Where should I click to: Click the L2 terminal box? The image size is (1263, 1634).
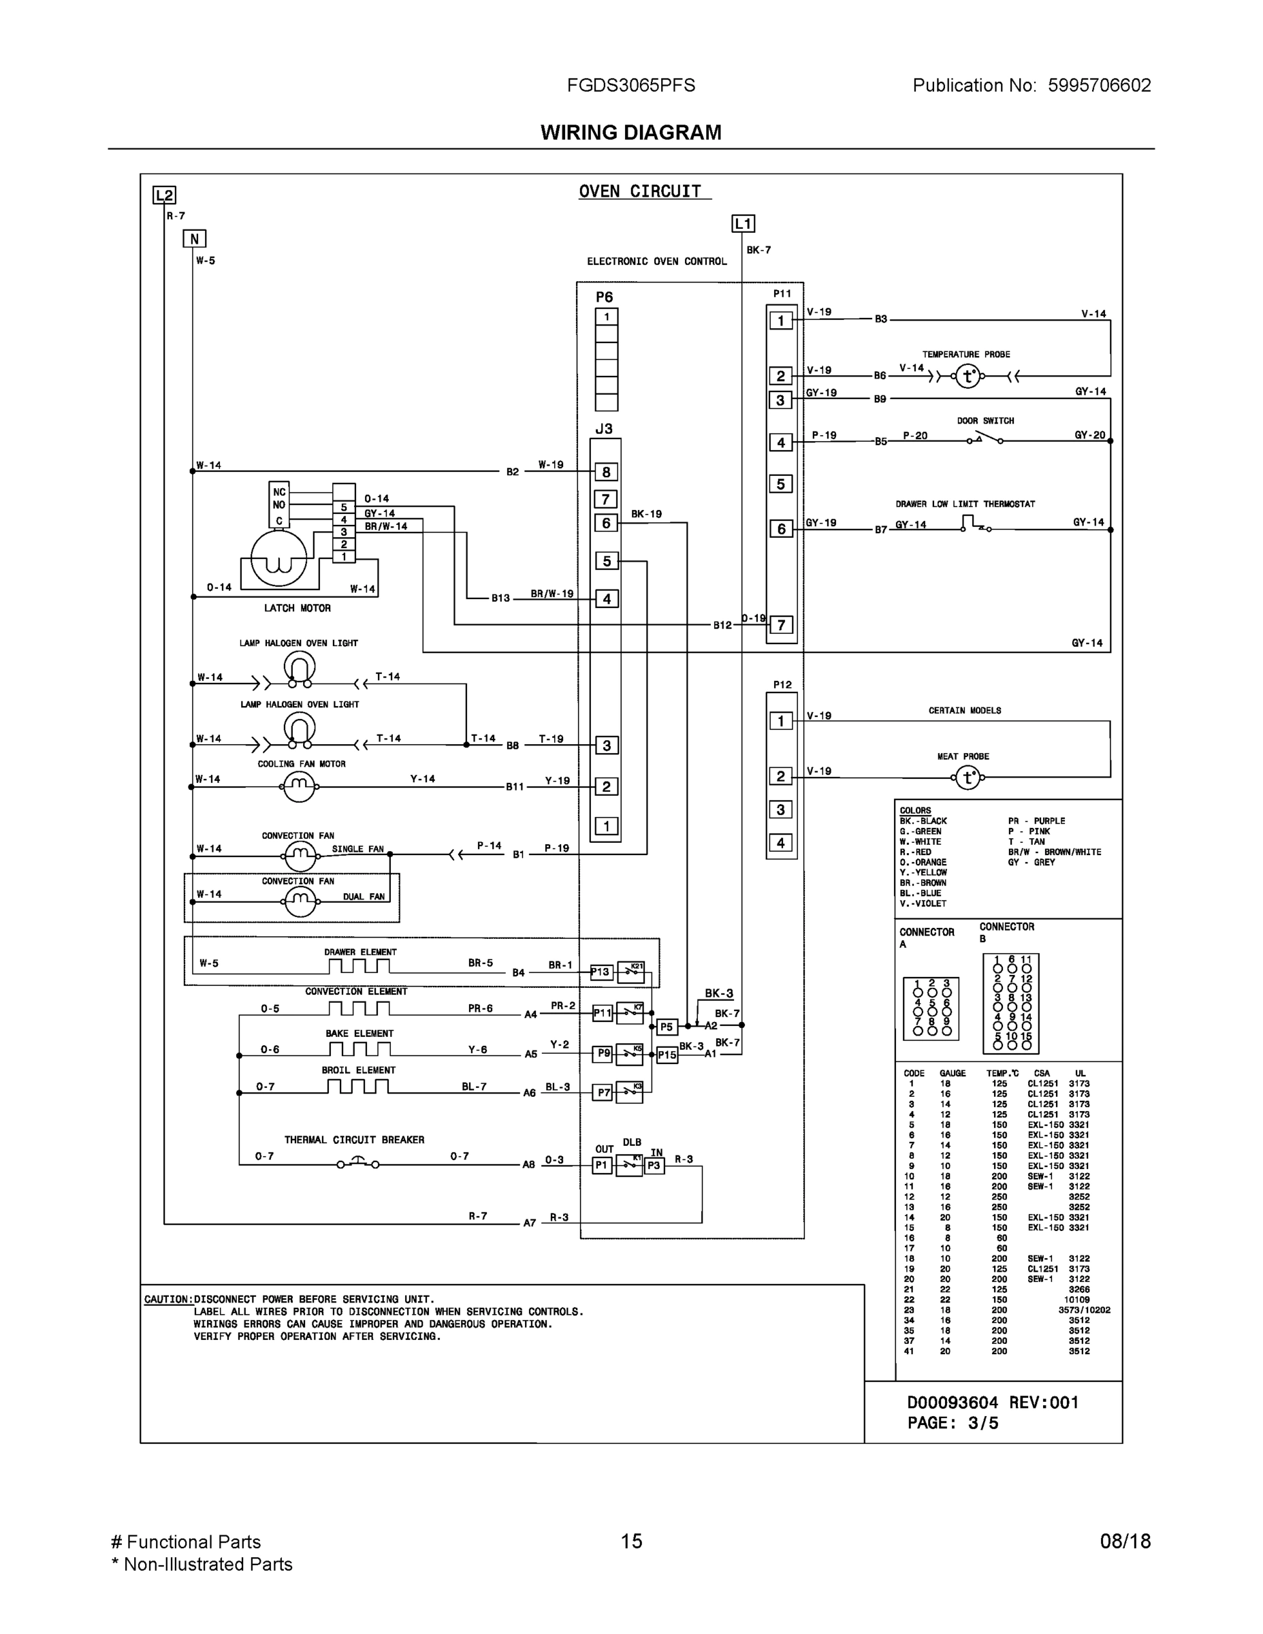point(164,195)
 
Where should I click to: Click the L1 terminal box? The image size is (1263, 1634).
point(742,224)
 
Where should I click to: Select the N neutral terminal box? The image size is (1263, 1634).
point(194,239)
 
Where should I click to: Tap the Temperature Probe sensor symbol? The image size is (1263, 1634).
point(968,377)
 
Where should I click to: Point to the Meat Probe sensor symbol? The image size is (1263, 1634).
point(968,778)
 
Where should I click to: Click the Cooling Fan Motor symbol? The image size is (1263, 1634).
point(298,786)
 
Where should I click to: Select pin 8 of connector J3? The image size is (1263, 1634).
point(606,472)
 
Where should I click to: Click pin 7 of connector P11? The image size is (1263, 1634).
point(780,625)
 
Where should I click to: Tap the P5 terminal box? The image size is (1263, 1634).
point(667,1027)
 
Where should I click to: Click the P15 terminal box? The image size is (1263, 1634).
point(667,1055)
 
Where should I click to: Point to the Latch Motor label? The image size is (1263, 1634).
point(297,608)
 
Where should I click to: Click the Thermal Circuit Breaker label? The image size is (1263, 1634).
point(354,1140)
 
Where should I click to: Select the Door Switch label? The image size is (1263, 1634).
point(985,421)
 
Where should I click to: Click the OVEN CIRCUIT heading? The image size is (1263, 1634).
point(640,191)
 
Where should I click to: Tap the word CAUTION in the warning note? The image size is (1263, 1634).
point(167,1300)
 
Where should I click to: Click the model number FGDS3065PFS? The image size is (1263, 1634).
point(630,85)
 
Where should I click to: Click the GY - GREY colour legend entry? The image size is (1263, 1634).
point(1030,862)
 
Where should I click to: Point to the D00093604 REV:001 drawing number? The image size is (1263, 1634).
point(992,1402)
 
